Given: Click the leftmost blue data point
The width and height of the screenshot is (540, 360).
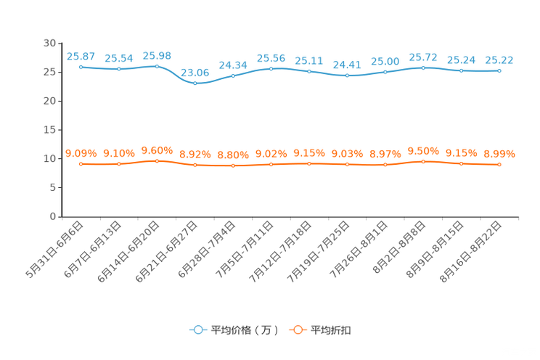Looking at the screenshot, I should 81,67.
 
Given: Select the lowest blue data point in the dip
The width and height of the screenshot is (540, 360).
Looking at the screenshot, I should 195,83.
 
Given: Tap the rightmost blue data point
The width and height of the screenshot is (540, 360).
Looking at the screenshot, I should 499,70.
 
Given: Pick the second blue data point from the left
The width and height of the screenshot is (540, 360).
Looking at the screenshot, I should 118,69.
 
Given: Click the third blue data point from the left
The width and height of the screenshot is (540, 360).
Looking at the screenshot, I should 157,66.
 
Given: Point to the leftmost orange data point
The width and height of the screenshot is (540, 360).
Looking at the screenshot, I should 81,163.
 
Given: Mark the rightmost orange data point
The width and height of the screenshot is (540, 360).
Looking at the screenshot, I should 499,165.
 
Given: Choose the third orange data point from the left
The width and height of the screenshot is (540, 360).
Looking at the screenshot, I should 157,160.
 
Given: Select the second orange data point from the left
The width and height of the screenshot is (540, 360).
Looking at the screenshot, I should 118,164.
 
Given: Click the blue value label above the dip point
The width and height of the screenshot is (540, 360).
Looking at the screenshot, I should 195,71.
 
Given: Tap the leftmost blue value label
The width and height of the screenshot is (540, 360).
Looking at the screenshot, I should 81,55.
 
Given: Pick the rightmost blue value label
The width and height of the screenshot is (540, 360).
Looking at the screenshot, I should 499,60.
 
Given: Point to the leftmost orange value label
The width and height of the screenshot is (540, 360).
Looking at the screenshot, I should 81,152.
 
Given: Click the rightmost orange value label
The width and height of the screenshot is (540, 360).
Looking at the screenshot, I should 499,154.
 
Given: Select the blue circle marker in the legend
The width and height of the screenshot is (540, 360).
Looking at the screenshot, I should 197,330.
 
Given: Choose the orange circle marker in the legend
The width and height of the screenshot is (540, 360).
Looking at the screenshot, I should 297,330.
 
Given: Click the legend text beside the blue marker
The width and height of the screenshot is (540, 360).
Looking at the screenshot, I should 244,330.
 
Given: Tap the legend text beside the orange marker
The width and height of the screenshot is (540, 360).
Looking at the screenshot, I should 331,330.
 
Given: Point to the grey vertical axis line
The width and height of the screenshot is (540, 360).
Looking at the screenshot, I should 62,131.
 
